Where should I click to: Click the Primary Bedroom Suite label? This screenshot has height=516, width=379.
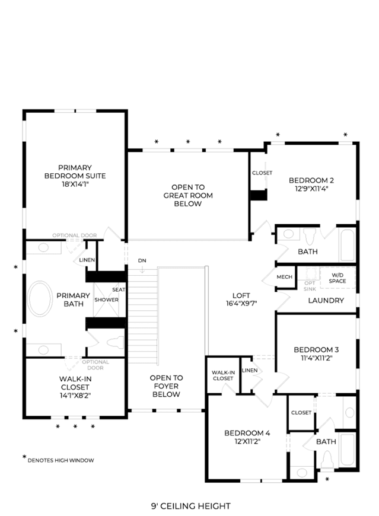75,172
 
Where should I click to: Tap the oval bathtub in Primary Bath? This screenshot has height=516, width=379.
40,299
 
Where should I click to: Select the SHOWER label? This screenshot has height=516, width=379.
106,300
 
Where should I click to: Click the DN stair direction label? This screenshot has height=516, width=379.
142,260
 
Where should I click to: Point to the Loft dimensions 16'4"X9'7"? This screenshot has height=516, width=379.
241,304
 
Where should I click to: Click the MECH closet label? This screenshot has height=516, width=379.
284,277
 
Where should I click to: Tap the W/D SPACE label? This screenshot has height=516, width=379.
337,278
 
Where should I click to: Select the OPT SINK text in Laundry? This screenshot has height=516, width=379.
310,286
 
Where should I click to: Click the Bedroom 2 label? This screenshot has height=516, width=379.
311,180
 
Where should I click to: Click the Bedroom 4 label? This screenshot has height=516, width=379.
247,433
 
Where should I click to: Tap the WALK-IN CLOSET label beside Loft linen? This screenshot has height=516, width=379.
223,375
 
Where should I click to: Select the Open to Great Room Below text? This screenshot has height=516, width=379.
188,196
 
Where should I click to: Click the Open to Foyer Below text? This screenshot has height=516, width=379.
166,386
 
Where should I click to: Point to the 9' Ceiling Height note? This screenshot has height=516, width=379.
191,506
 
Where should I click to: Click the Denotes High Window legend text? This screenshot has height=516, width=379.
61,460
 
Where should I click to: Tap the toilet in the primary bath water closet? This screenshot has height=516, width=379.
116,342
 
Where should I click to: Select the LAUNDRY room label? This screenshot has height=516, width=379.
326,301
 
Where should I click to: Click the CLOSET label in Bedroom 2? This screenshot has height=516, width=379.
262,173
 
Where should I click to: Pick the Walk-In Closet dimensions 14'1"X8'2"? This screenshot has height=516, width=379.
75,395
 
